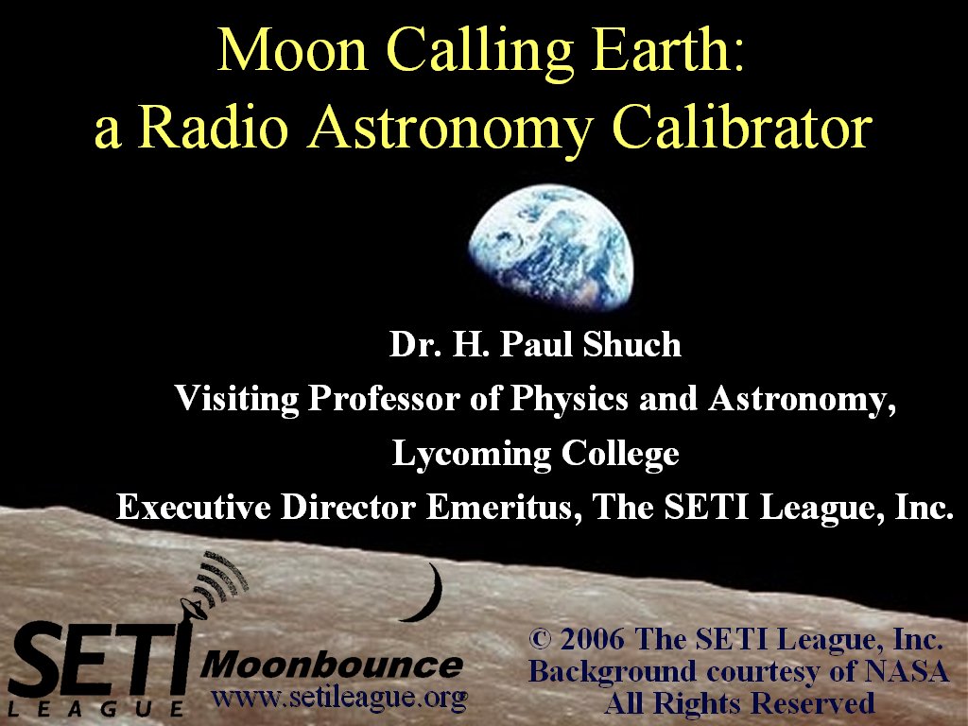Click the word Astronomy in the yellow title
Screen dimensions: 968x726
click(x=450, y=130)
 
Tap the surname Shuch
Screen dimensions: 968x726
click(x=632, y=344)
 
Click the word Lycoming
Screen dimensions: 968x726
click(x=472, y=455)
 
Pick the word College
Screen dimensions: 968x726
click(x=620, y=455)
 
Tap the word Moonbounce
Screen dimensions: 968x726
click(x=332, y=665)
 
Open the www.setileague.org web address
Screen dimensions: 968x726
click(x=339, y=699)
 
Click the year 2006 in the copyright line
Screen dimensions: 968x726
click(x=592, y=639)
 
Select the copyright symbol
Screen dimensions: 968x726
click(x=540, y=639)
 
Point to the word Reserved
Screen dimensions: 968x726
click(x=813, y=703)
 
